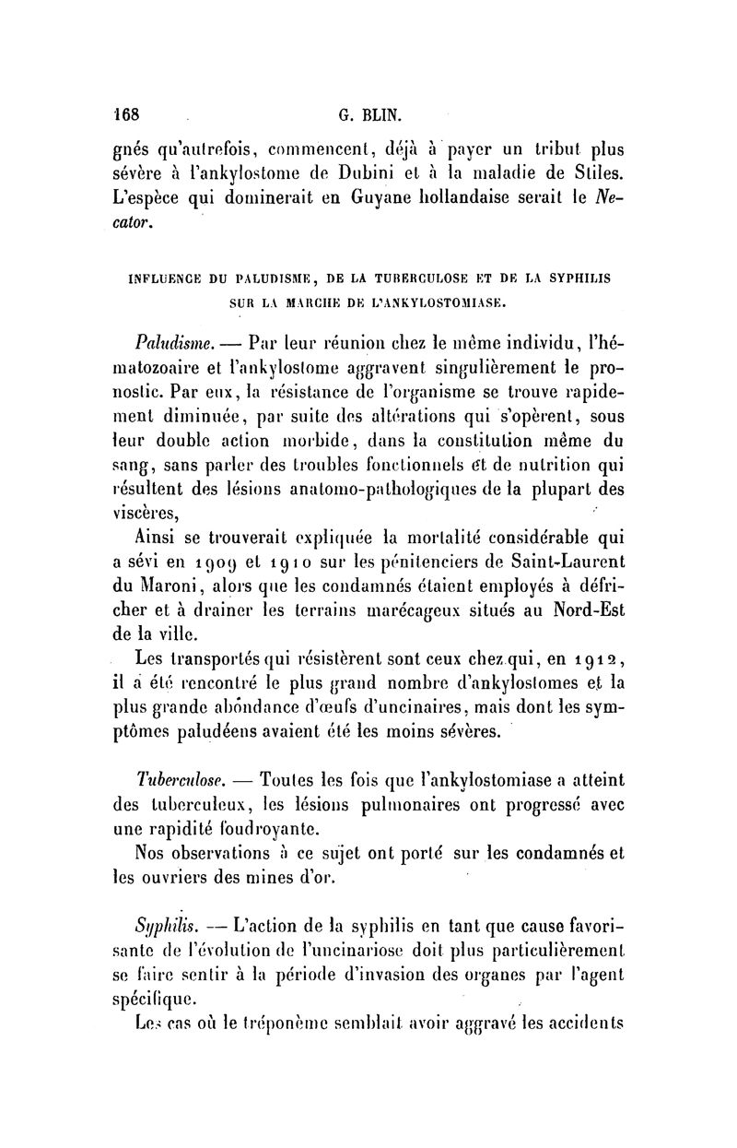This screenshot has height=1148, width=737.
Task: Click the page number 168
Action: coord(123,116)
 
